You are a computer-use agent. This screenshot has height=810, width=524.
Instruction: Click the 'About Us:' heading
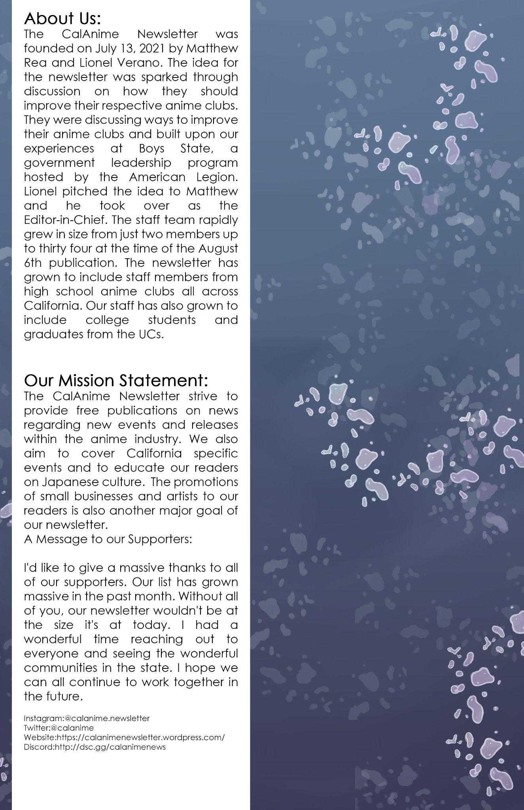coord(62,18)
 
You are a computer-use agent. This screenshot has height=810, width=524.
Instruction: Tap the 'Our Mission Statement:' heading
coord(116,380)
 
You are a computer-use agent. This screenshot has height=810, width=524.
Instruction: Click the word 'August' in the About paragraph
coord(218,248)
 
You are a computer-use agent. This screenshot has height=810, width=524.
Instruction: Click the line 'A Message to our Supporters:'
coord(108,539)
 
